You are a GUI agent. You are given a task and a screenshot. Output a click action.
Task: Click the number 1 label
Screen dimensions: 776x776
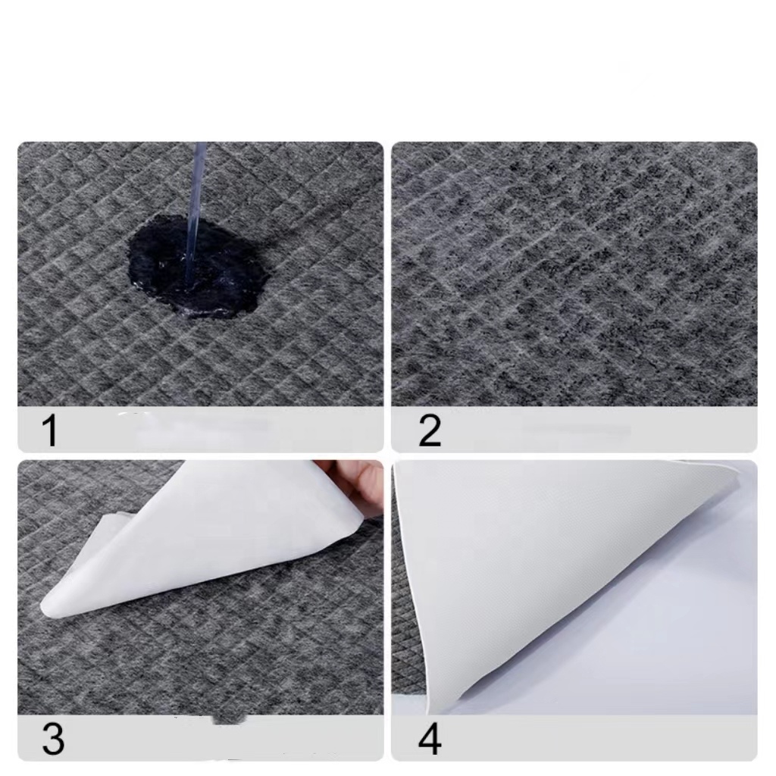[50, 430]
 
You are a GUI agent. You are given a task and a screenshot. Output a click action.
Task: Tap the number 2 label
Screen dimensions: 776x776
[429, 430]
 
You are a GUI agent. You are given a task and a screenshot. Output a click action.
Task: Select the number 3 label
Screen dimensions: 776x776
[53, 738]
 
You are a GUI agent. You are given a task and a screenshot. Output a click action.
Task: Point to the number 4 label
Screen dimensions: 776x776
[429, 739]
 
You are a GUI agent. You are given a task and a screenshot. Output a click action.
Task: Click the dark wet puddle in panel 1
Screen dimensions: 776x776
[198, 268]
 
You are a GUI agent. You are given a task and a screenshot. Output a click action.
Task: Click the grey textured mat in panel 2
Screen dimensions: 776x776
[574, 274]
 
